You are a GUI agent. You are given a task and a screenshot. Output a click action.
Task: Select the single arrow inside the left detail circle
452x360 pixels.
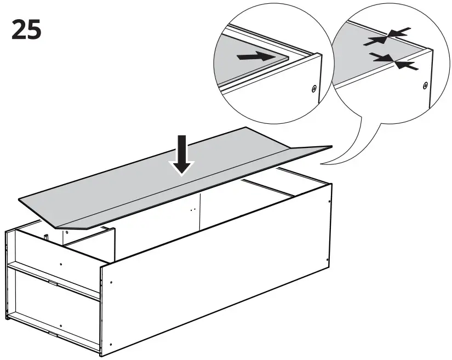[256, 56]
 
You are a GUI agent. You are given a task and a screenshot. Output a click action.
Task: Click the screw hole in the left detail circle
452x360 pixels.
[314, 88]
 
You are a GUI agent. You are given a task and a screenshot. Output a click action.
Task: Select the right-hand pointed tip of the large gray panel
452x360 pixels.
[331, 146]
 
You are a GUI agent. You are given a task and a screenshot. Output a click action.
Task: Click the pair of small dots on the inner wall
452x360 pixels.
[192, 209]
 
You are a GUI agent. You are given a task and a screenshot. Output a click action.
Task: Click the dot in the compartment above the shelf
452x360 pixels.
[60, 264]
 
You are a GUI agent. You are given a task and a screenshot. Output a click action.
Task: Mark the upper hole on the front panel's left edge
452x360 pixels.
[111, 283]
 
